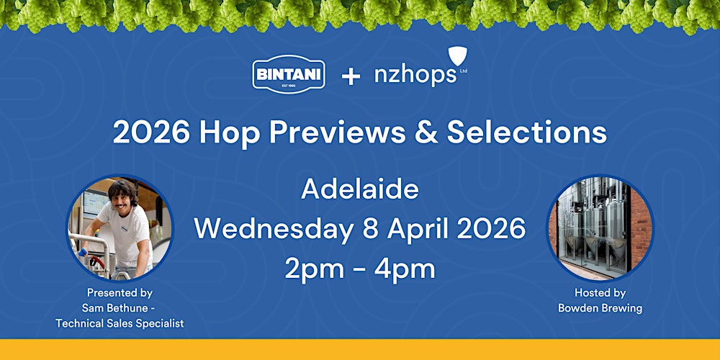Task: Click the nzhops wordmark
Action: pos(415,76)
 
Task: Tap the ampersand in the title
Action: pos(430,132)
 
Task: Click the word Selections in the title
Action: pos(527,132)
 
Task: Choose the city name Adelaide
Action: pos(360,189)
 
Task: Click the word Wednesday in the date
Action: pos(270,229)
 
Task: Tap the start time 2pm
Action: pos(310,269)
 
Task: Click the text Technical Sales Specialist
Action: pos(120,323)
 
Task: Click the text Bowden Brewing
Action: pos(600,308)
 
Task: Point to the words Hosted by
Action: pos(600,293)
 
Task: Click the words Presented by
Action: pos(120,293)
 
